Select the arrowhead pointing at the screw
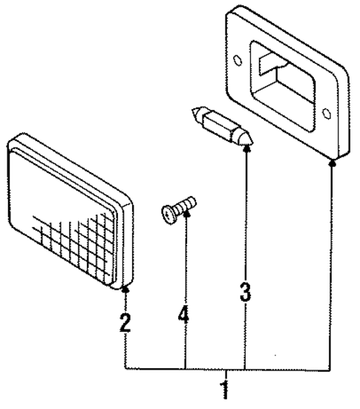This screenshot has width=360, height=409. coord(185,216)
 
